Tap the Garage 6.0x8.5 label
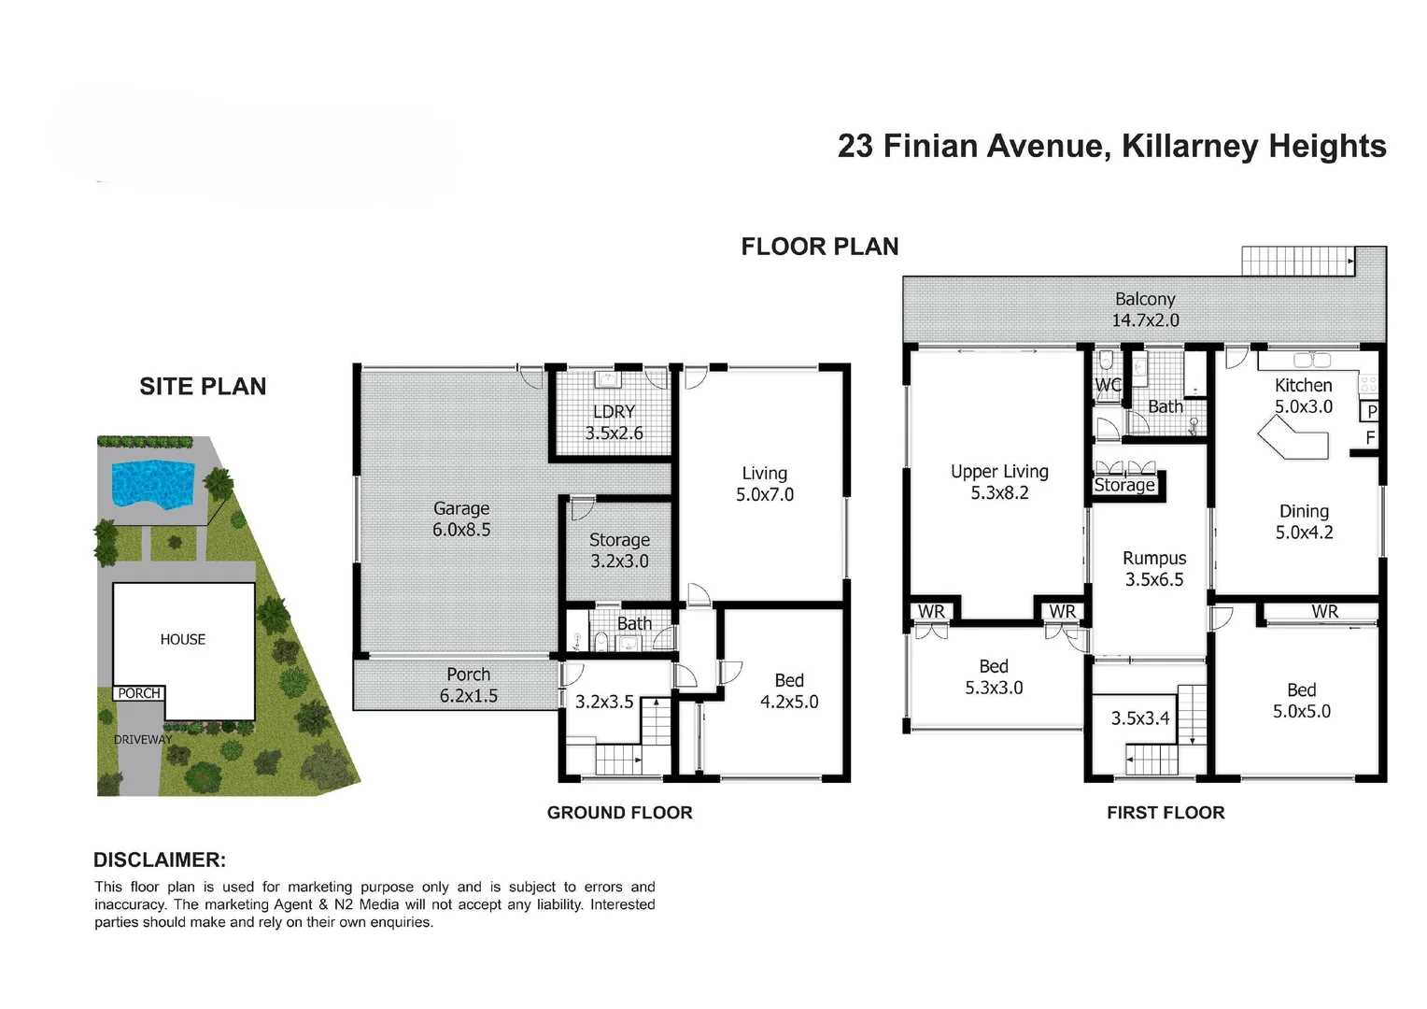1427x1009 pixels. click(x=461, y=519)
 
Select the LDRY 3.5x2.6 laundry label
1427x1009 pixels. click(x=614, y=422)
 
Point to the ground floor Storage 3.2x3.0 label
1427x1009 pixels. click(x=619, y=550)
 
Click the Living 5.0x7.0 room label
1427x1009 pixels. click(x=765, y=484)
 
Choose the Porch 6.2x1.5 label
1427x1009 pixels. click(x=468, y=685)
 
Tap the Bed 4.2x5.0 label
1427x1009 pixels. click(x=789, y=691)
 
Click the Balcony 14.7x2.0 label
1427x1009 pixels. click(x=1145, y=309)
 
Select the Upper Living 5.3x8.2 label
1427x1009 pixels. click(x=999, y=482)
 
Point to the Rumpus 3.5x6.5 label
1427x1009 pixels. click(x=1154, y=568)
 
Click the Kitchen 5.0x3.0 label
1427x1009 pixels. click(x=1304, y=395)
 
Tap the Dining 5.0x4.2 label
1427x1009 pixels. click(x=1304, y=521)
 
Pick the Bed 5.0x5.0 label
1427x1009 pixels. click(x=1301, y=700)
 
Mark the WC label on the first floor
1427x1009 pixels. click(x=1108, y=385)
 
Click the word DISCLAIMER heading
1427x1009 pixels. click(x=160, y=860)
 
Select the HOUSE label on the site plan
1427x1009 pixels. click(x=183, y=639)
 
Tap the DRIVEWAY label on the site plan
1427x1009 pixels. click(x=143, y=739)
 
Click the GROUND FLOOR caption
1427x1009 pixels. click(x=619, y=813)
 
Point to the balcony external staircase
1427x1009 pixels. click(x=1297, y=261)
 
